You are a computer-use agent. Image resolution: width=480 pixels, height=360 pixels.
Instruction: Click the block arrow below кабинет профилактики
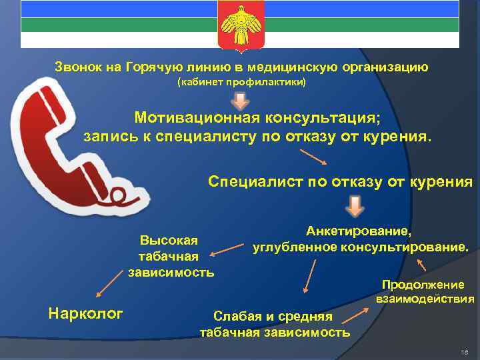(x=240, y=100)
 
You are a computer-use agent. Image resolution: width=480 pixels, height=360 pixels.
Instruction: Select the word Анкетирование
(x=359, y=232)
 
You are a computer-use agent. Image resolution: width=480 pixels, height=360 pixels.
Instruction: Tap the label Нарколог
(x=86, y=313)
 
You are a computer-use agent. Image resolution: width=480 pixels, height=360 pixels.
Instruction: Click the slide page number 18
(x=465, y=351)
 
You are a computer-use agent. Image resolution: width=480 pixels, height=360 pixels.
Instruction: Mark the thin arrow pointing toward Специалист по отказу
(x=313, y=157)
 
